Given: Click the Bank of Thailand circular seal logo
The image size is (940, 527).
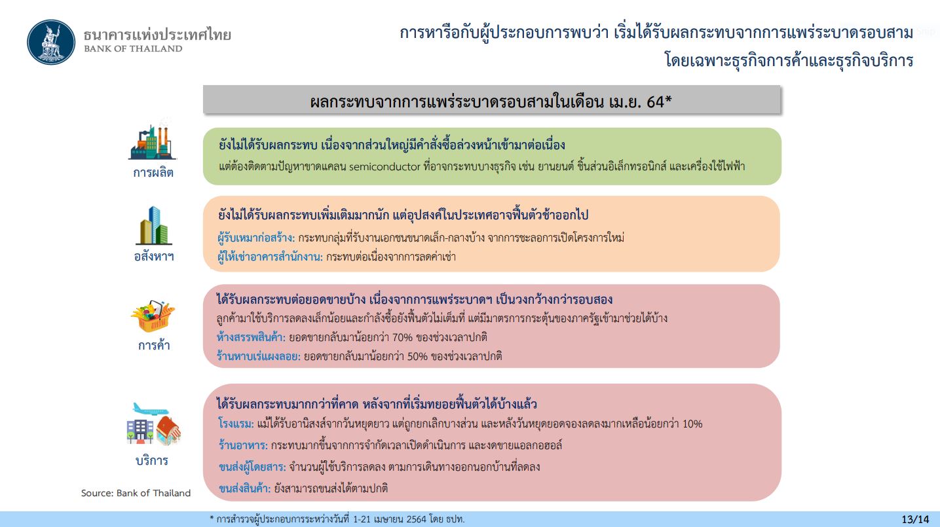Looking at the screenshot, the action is tap(51, 42).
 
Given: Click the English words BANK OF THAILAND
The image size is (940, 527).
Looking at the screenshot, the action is tap(133, 48).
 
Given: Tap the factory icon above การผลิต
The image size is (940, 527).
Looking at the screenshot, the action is tap(153, 140).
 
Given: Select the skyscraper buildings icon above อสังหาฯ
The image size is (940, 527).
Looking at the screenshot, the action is tap(153, 226).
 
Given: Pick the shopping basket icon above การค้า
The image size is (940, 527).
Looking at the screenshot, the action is tap(153, 316).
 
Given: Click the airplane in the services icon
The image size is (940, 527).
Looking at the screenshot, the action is tap(150, 409).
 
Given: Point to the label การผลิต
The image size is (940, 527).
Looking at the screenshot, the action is tap(153, 172).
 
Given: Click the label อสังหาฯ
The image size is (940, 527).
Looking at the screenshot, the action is tap(154, 256).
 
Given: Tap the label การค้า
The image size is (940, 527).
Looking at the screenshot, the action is tap(154, 345).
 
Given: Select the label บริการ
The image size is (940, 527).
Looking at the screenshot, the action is tap(152, 460).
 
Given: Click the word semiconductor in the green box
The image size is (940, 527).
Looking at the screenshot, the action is tap(385, 167).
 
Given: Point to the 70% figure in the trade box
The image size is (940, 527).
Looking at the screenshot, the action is tap(402, 338).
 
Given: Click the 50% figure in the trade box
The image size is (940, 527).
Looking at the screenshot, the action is tap(417, 356).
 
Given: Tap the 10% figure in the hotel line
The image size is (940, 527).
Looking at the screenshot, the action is tap(692, 424).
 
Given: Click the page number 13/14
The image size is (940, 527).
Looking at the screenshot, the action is tap(915, 519).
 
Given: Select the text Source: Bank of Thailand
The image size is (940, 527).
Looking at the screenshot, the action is tap(136, 493).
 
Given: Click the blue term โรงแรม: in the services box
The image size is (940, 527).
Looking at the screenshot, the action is tap(236, 424).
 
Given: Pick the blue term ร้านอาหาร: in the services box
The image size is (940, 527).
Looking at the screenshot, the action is tap(243, 445).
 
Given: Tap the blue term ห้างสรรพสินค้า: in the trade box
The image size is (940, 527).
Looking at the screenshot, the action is tap(251, 337).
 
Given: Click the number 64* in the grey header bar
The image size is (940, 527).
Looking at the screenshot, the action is tap(659, 101).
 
